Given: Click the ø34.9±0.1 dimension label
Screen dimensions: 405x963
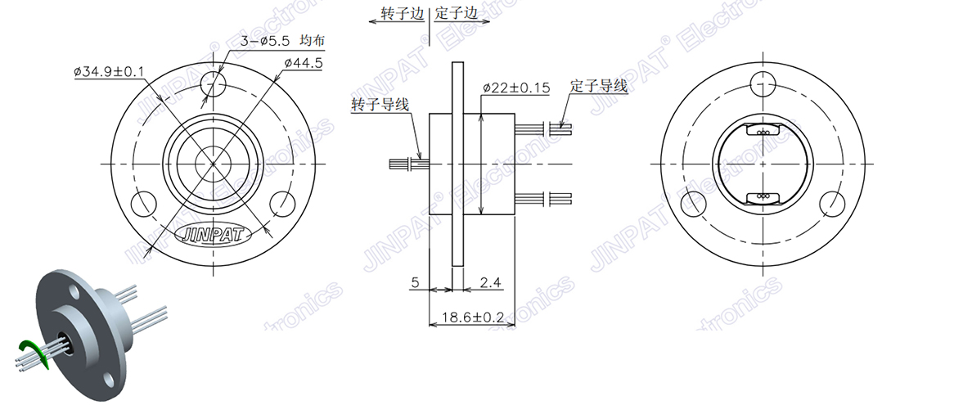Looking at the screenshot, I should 109,72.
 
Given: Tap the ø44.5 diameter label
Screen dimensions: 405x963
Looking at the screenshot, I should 304,63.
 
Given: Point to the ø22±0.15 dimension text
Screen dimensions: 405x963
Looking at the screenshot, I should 516,87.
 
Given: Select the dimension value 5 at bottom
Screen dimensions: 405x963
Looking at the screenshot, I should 415,283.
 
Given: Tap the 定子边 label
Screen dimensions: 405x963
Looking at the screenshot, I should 456,14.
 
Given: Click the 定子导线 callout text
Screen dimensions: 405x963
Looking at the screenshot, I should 599,85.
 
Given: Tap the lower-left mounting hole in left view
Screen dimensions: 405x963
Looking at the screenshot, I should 143,202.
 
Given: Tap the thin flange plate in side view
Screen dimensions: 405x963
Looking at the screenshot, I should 457,164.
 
